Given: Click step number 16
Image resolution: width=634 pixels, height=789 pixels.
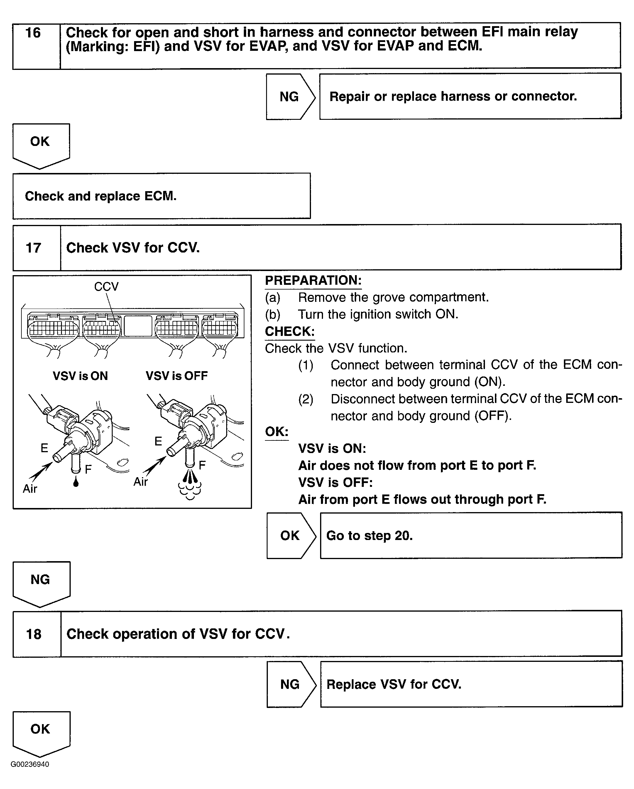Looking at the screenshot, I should tap(33, 33).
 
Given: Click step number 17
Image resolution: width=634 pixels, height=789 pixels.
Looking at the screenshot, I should tap(33, 248).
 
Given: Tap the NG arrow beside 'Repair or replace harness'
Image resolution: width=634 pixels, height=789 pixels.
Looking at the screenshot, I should tap(290, 97).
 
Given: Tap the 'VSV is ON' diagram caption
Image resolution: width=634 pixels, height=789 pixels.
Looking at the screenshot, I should tap(80, 376).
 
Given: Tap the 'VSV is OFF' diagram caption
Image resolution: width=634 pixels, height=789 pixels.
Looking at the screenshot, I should tap(177, 376).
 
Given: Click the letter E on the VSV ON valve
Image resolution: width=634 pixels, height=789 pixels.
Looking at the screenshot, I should tap(44, 448).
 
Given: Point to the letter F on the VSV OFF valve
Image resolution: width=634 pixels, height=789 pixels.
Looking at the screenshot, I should tap(202, 465).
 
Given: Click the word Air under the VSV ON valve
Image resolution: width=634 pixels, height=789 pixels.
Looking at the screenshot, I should tap(30, 489).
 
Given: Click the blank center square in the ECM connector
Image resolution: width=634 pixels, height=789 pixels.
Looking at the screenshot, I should tap(138, 326).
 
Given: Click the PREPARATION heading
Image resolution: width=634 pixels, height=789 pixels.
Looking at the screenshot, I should tap(313, 280).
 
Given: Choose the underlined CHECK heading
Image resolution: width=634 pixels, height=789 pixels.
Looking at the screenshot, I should tap(290, 331).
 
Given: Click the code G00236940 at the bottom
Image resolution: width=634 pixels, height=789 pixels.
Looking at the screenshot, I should tap(30, 764).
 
